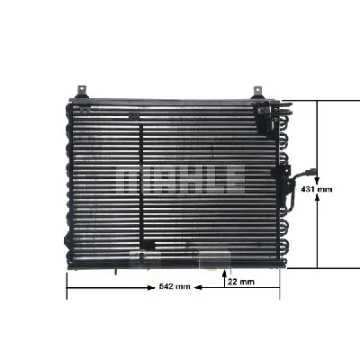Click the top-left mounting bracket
pyautogui.click(x=81, y=92)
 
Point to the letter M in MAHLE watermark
pyautogui.click(x=133, y=178)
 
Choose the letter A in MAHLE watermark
pyautogui.click(x=159, y=178)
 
